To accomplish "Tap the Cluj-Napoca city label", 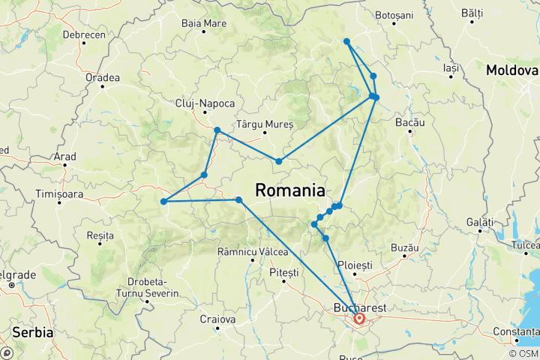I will (x=205, y=103).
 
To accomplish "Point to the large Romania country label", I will (x=290, y=190).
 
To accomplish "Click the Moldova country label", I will (x=512, y=70).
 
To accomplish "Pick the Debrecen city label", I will (x=83, y=35).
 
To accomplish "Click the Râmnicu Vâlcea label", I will (x=247, y=251).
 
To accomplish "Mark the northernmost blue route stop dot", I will (x=346, y=41).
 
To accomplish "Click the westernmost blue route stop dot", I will (x=163, y=201).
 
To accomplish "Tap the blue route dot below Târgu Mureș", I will (x=278, y=161).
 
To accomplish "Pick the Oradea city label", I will (x=103, y=77).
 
